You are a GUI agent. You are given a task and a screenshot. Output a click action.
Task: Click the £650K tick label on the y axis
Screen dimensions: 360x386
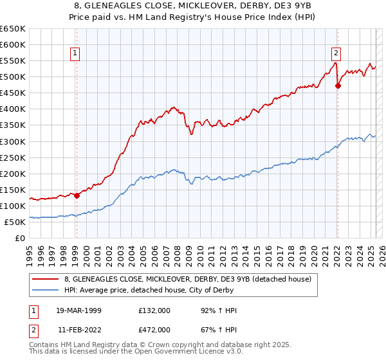coord(13,29)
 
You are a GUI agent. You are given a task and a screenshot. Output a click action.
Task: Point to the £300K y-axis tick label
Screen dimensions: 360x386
coord(13,141)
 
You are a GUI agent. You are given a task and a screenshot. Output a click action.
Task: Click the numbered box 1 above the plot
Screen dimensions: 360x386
coord(76,53)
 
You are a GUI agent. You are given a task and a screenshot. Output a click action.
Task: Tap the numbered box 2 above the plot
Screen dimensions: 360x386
coord(336,53)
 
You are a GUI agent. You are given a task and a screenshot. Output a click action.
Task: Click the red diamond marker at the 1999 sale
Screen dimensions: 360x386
coord(77,195)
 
